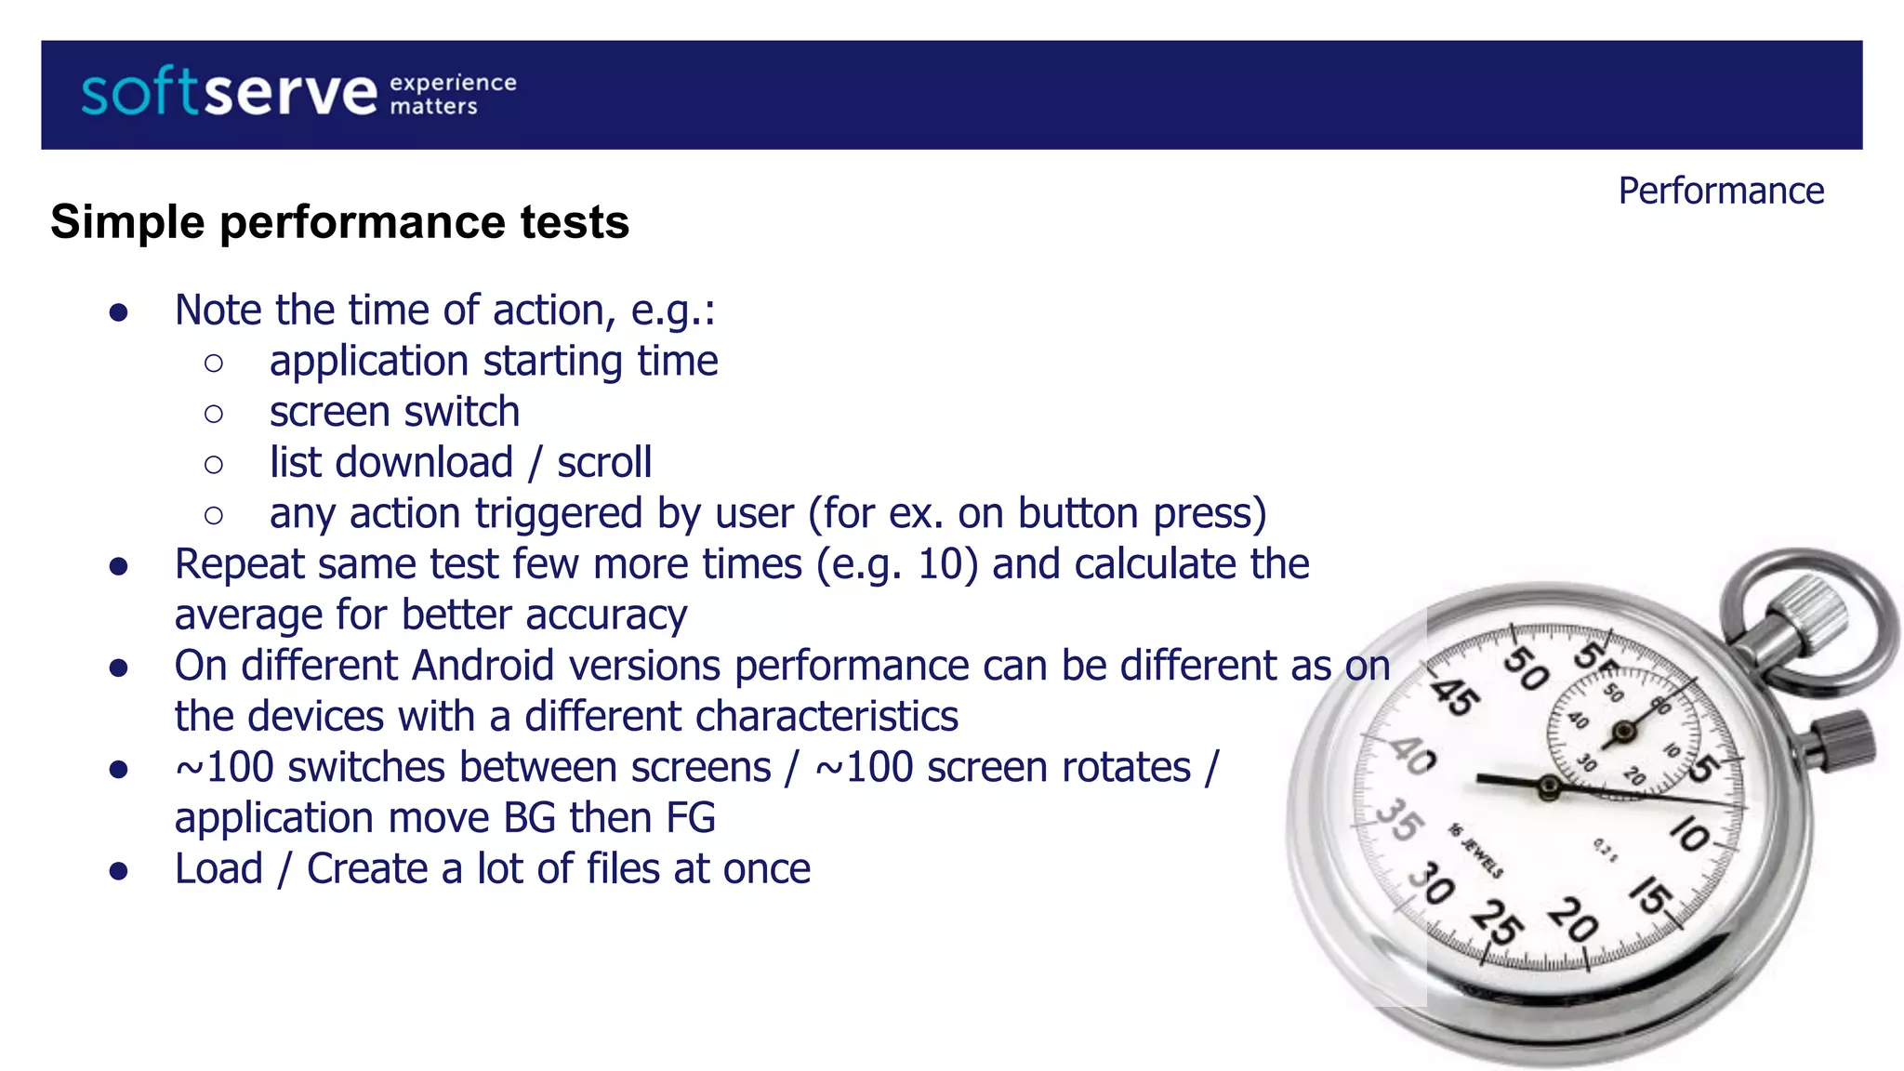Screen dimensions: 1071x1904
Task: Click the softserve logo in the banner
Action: point(229,93)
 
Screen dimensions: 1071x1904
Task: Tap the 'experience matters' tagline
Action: point(452,94)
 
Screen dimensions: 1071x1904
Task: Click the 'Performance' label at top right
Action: point(1721,191)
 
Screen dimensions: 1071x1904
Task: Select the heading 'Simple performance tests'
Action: point(339,222)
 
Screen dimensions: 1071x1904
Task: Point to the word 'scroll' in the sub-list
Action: point(604,462)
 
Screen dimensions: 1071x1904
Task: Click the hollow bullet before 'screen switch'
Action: point(214,413)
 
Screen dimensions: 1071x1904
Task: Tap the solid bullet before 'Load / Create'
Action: point(118,870)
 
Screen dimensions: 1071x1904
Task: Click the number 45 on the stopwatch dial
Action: point(1453,696)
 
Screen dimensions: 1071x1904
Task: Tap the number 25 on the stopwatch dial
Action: point(1497,921)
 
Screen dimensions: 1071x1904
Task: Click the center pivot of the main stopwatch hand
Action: point(1549,787)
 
